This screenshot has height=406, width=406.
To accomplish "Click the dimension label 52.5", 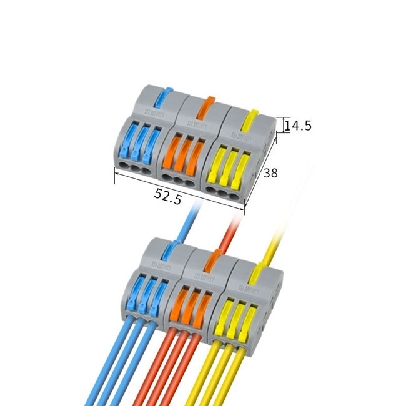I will [168, 197].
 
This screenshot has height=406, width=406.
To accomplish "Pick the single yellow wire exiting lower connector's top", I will [278, 240].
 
